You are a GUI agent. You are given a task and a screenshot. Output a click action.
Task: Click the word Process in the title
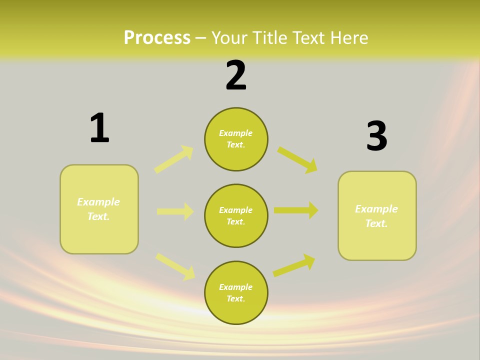pos(157,38)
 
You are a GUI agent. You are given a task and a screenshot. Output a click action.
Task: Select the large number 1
pos(99,128)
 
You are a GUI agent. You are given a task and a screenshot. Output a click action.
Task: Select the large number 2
pos(236,76)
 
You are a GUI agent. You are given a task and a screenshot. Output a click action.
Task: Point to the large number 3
pos(376,136)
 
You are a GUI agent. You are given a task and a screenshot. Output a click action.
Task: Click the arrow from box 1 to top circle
pos(174,159)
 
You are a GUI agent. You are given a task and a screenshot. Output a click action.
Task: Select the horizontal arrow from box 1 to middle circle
pos(175,211)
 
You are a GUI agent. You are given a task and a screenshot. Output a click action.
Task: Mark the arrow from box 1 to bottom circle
pos(175,266)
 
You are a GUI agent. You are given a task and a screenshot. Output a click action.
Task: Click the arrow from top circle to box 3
pos(297,159)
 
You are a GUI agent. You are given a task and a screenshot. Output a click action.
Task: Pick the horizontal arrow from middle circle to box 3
pos(296,210)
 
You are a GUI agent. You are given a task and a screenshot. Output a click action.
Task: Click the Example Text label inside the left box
pos(98,209)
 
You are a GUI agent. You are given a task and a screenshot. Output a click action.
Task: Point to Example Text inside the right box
pos(376,216)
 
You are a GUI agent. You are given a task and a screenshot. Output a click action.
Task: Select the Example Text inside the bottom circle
pos(235,292)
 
